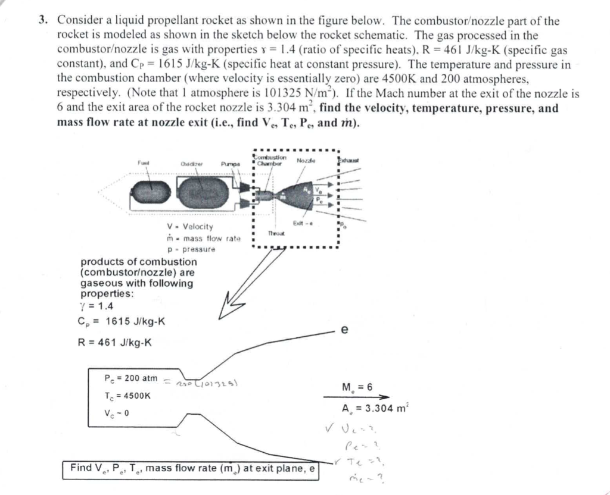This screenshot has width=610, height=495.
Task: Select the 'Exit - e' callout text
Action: [x=304, y=223]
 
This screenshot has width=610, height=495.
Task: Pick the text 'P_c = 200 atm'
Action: [x=131, y=378]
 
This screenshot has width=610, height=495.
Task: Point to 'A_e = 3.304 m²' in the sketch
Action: [x=375, y=409]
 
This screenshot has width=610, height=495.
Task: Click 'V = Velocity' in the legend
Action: [x=190, y=227]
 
